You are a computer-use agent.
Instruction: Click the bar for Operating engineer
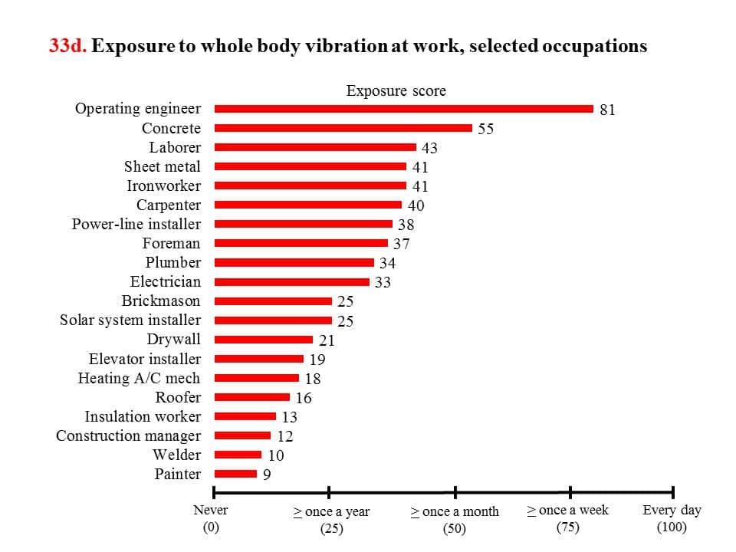[404, 109]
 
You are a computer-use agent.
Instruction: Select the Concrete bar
[343, 128]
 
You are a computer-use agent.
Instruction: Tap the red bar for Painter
[235, 474]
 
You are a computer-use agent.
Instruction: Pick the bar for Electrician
[292, 281]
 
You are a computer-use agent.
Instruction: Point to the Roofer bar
[252, 397]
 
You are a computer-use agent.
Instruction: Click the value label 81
[607, 110]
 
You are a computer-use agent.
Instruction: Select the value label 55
[485, 129]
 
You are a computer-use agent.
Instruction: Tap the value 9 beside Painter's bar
[267, 475]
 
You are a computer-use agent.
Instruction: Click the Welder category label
[176, 455]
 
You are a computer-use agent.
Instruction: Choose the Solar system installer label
[130, 320]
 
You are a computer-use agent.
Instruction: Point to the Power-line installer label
[136, 224]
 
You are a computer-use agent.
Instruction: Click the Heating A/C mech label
[139, 378]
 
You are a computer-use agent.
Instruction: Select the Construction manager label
[129, 435]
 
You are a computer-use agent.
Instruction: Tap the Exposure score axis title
[396, 90]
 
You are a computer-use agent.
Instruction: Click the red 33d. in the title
[68, 46]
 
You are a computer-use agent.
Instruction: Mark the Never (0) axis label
[211, 518]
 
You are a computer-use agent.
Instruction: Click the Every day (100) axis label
[672, 518]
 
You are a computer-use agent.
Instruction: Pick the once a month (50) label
[455, 519]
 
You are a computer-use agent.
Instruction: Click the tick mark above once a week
[570, 492]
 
